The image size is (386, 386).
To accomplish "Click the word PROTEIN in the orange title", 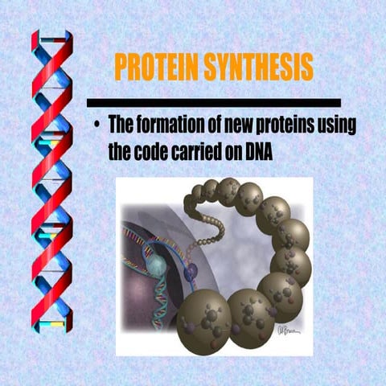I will [x=156, y=68].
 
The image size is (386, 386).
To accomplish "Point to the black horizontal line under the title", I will [x=213, y=103].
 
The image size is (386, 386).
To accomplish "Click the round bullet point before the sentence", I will [x=96, y=127].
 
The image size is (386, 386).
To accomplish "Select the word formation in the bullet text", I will [x=171, y=127].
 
